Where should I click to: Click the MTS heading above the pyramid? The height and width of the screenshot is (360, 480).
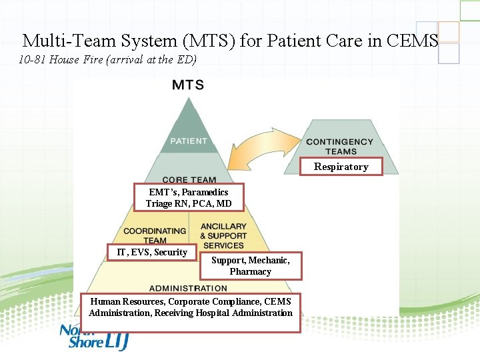[188, 85]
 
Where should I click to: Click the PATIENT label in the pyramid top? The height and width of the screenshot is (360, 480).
[189, 141]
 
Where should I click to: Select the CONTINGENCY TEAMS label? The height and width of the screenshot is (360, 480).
[340, 147]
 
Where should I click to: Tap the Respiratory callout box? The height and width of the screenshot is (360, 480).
[341, 167]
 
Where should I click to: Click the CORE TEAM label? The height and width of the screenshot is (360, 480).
[189, 180]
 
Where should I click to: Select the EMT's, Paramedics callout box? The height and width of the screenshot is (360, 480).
[189, 197]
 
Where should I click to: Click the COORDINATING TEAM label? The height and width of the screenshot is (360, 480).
[155, 235]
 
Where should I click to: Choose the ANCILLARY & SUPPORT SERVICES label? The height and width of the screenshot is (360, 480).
[223, 236]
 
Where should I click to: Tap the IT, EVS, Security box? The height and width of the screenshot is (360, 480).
[152, 252]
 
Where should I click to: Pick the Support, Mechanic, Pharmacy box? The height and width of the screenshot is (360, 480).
[251, 265]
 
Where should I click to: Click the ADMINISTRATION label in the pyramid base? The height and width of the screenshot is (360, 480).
[188, 288]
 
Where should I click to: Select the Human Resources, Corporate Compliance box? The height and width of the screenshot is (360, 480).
[191, 307]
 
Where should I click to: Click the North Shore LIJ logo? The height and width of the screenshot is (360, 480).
[93, 337]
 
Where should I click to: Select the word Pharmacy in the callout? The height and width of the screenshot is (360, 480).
[251, 271]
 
